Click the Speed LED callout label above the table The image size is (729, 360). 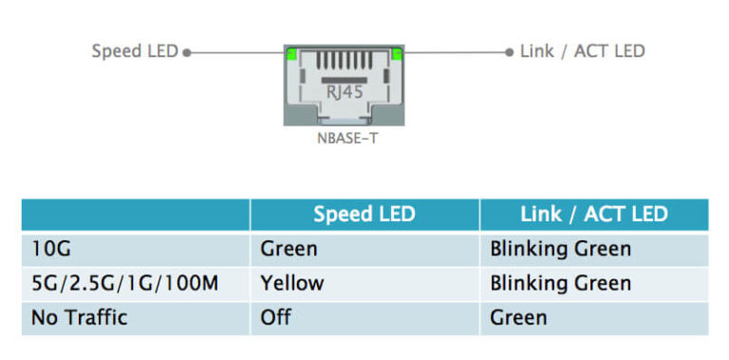point(134,51)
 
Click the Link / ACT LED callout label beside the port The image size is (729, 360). point(582,51)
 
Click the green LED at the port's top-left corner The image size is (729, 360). point(290,54)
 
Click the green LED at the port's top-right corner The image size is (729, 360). point(397,54)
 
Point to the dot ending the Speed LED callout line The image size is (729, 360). point(187,52)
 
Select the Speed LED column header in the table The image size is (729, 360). point(364,215)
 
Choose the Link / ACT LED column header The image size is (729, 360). point(593,215)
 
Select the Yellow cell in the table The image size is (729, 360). point(292,283)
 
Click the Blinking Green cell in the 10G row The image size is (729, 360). point(560,249)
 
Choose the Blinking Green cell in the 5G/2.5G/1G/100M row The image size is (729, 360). point(560,283)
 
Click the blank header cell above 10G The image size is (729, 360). point(136,215)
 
